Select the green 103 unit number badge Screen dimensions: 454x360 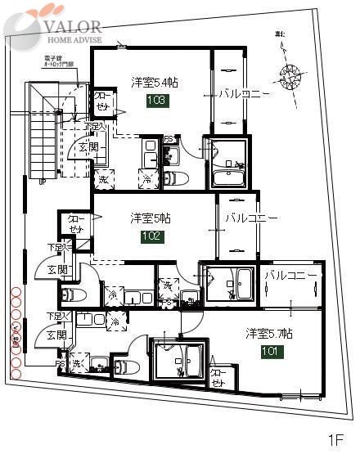pos(158,101)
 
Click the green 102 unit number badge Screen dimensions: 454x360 pos(153,236)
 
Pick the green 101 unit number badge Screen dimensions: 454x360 pos(272,352)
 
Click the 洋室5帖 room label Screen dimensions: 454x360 pos(150,218)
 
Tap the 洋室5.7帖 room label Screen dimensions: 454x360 pos(269,334)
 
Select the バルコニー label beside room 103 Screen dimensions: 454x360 pos(243,94)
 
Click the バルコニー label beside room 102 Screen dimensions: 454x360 pos(251,219)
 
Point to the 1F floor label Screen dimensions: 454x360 pos(336,439)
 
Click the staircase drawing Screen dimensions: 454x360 pos(41,131)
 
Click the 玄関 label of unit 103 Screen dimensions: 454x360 pos(89,146)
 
